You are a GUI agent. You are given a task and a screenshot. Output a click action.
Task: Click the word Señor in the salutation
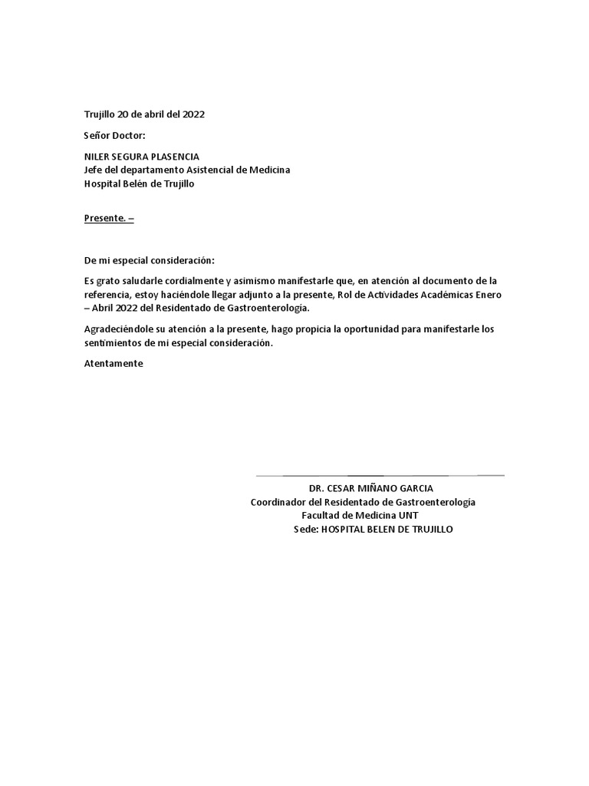[96, 135]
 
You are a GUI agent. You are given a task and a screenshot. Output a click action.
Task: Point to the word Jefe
[94, 170]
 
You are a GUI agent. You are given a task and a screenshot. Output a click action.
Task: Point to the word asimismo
[235, 281]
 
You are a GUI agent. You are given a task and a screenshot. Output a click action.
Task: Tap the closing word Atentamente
[114, 364]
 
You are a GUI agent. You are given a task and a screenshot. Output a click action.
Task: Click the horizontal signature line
[380, 476]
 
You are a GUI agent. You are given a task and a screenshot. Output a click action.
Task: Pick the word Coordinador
[279, 502]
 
